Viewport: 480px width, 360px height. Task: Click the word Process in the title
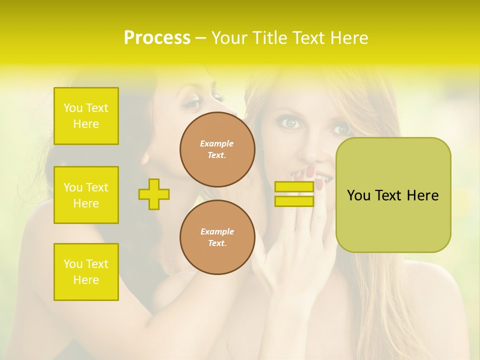[x=157, y=38]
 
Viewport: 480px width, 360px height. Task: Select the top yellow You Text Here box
[x=86, y=116]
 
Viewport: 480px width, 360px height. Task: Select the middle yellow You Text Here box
[x=86, y=195]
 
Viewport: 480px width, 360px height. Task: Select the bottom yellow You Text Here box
[x=86, y=272]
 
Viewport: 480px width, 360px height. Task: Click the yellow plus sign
[x=154, y=194]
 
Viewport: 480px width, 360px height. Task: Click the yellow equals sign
[x=294, y=194]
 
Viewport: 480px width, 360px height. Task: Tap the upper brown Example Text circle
[x=217, y=149]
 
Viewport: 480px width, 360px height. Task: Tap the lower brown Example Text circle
[x=217, y=237]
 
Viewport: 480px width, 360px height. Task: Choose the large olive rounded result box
[x=393, y=195]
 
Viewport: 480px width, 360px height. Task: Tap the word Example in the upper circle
[x=217, y=143]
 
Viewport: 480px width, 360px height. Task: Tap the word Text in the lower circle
[x=217, y=243]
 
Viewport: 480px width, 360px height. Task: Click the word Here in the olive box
[x=422, y=195]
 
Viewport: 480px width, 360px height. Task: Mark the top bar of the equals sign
[x=294, y=186]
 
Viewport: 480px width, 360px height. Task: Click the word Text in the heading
[x=308, y=38]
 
